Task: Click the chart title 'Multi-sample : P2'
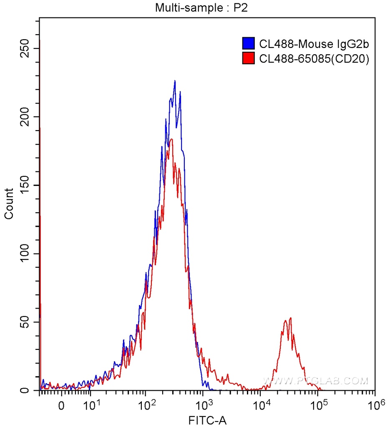coord(202,8)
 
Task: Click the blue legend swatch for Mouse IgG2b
coord(249,43)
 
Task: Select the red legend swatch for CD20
coord(249,59)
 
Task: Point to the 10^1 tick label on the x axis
coord(89,405)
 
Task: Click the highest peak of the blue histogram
coord(175,81)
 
